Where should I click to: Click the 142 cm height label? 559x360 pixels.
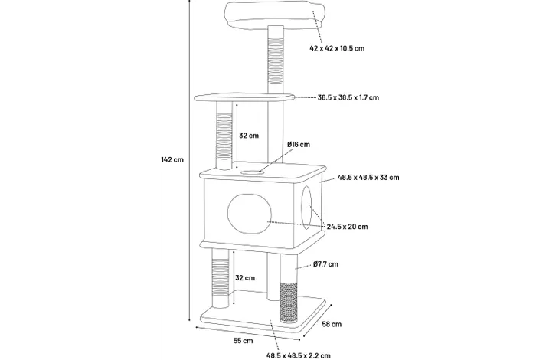click(172, 159)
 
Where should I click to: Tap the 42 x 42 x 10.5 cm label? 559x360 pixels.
click(337, 48)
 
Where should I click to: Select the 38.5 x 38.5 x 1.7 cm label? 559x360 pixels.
click(348, 97)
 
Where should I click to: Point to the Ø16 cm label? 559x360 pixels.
click(299, 144)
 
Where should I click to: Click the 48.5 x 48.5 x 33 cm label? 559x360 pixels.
click(368, 178)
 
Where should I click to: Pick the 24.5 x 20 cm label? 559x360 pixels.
click(347, 227)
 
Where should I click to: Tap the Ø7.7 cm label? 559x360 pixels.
click(326, 264)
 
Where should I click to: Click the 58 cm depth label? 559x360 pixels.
click(332, 324)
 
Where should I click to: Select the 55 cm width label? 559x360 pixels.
click(244, 341)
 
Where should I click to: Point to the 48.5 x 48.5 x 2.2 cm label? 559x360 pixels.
click(299, 355)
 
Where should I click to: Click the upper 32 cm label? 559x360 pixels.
click(249, 136)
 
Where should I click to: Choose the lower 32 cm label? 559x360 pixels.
click(245, 278)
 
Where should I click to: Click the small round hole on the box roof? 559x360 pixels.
click(253, 173)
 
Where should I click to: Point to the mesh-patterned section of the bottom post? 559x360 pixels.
click(289, 303)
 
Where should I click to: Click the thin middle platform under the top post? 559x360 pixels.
click(244, 97)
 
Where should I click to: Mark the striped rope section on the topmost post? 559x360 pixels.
click(276, 60)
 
